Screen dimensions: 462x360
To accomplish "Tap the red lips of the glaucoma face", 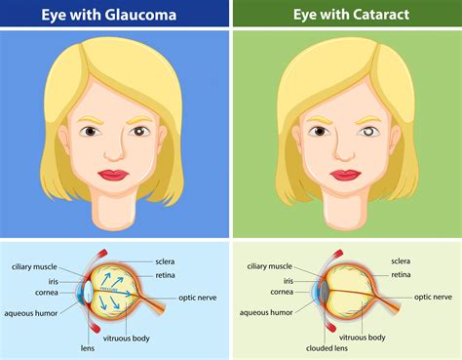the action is pyautogui.click(x=117, y=175).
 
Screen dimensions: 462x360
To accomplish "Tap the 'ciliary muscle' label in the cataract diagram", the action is pyautogui.click(x=268, y=265).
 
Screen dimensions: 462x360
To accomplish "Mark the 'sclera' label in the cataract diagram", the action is pyautogui.click(x=402, y=261).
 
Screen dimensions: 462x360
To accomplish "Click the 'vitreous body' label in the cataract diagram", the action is pyautogui.click(x=390, y=337).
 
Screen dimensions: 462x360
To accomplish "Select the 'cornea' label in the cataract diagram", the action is pyautogui.click(x=282, y=292).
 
